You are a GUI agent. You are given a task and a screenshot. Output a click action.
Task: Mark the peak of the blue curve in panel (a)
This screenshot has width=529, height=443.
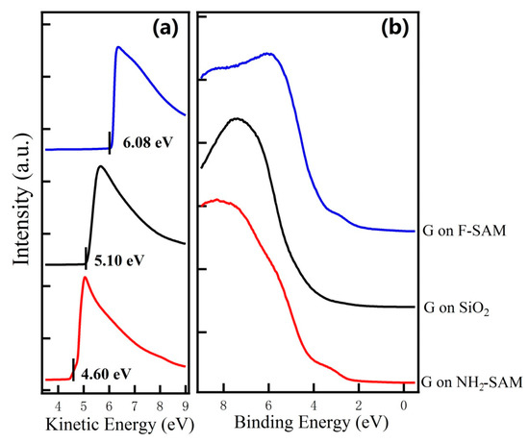click(x=117, y=47)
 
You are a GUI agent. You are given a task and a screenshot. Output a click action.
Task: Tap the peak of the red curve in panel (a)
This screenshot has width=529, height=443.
click(x=85, y=278)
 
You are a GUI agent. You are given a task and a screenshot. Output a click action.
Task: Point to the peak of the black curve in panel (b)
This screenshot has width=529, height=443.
click(x=237, y=118)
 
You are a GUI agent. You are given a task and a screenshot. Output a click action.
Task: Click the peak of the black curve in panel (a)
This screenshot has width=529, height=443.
click(x=99, y=167)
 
